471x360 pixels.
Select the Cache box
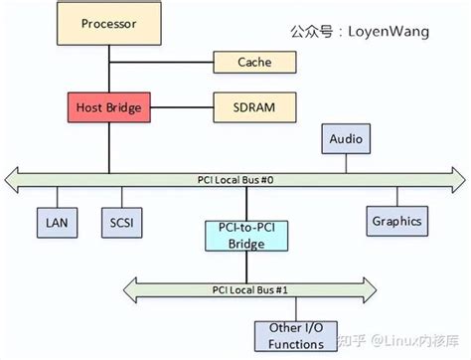(x=253, y=63)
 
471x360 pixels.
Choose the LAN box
(x=56, y=221)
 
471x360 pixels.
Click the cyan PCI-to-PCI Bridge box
(x=235, y=236)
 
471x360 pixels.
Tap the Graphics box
(x=395, y=221)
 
